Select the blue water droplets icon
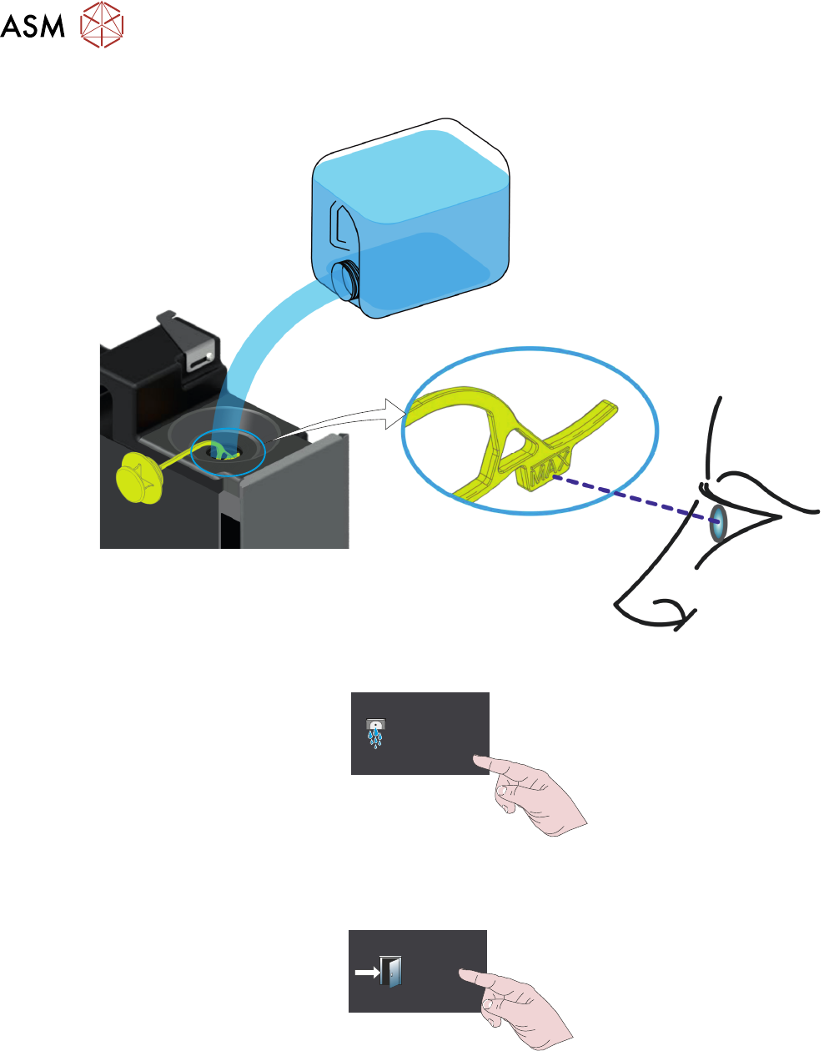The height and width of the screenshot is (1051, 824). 376,733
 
